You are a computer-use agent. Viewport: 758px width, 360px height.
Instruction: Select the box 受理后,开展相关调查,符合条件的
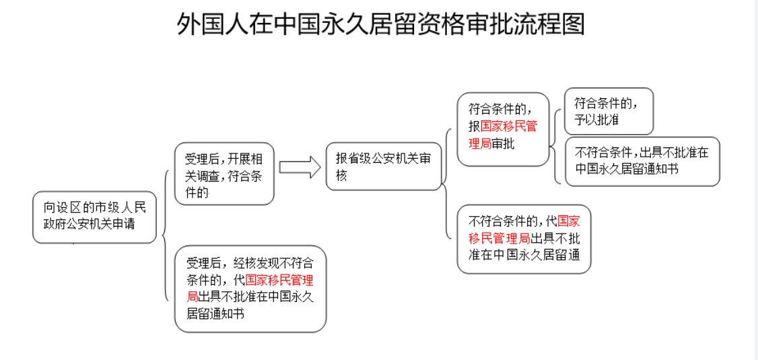(x=224, y=174)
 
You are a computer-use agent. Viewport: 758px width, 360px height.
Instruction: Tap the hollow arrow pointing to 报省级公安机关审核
(x=300, y=168)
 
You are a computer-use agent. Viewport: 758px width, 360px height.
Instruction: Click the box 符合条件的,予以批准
(x=609, y=111)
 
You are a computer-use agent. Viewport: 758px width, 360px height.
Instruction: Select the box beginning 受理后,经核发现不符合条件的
(x=250, y=288)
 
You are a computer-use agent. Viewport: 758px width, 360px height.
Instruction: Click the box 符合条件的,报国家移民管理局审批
(x=503, y=129)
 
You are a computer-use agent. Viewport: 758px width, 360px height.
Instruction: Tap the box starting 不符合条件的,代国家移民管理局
(x=524, y=239)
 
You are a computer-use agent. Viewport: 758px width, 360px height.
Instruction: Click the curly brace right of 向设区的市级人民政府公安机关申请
(x=164, y=236)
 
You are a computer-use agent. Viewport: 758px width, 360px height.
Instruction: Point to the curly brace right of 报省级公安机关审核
(x=445, y=182)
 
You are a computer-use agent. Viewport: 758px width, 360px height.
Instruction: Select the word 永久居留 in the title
(x=378, y=25)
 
